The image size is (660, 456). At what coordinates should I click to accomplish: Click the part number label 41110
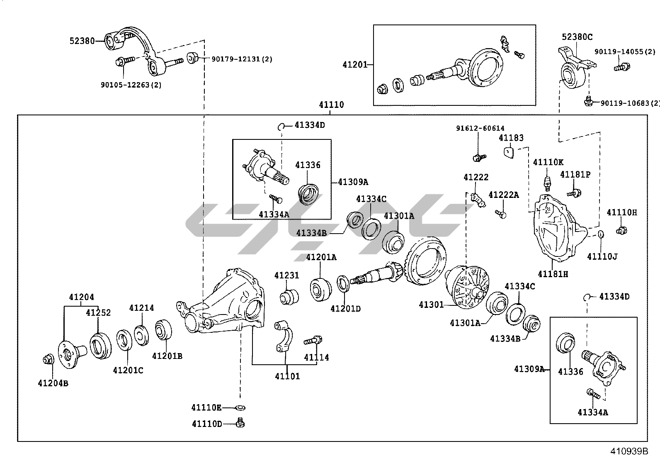[x=331, y=105]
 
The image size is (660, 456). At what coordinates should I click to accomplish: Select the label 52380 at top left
[x=82, y=41]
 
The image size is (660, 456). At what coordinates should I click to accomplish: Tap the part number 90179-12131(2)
[x=242, y=59]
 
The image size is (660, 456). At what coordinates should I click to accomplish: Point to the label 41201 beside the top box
[x=355, y=65]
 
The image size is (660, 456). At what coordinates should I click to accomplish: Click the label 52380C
[x=577, y=37]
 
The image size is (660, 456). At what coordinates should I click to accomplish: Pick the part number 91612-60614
[x=480, y=129]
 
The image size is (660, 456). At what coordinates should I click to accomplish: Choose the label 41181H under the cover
[x=553, y=274]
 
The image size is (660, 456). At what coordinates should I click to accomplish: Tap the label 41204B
[x=53, y=383]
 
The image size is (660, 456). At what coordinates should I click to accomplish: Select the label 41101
[x=287, y=376]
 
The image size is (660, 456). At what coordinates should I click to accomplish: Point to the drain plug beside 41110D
[x=240, y=423]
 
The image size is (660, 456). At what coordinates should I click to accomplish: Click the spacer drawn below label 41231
[x=289, y=297]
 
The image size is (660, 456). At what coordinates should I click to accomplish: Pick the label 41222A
[x=503, y=195]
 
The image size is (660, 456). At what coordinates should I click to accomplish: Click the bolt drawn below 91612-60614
[x=479, y=157]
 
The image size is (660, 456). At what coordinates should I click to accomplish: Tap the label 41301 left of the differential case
[x=431, y=305]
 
